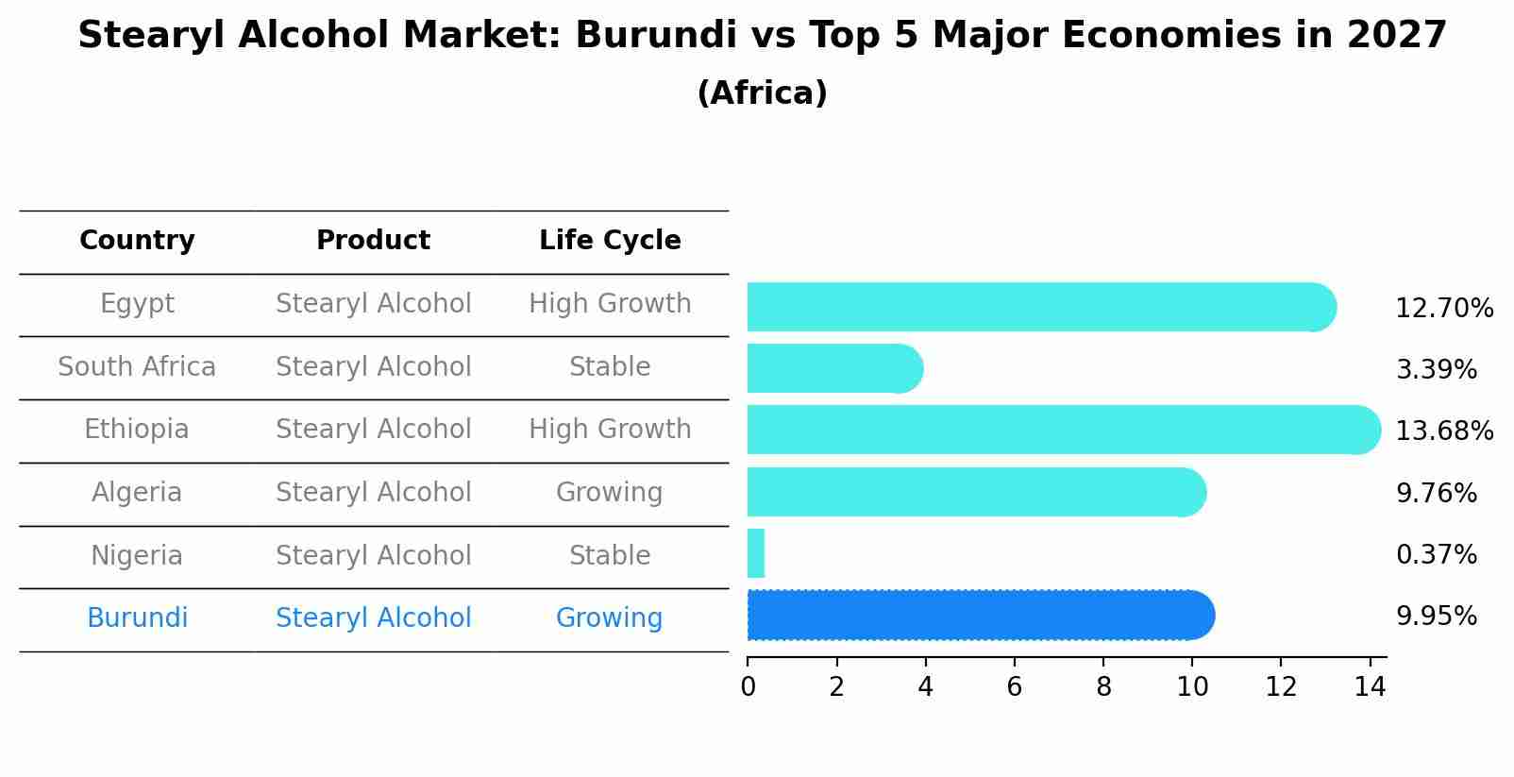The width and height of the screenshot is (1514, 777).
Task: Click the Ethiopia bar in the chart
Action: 1064,431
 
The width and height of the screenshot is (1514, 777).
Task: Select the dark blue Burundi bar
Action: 981,616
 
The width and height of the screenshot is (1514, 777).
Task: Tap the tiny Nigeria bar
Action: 755,554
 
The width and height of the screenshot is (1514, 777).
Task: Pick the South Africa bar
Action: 834,368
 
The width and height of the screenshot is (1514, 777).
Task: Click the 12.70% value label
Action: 1444,309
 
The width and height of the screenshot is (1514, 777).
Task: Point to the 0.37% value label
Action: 1436,555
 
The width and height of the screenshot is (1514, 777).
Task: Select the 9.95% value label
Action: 1436,617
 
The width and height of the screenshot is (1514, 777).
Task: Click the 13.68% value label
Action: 1444,431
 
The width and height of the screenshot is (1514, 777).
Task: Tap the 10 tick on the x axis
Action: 1192,687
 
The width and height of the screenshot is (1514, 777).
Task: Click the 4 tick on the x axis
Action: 925,687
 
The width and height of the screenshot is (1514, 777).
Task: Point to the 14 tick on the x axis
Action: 1370,687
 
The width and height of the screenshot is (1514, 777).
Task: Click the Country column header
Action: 137,241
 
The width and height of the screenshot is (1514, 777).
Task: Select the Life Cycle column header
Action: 610,241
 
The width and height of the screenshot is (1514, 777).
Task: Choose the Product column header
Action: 373,241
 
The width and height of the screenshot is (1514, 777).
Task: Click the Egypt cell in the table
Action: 137,304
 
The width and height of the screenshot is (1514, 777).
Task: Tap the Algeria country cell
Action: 137,493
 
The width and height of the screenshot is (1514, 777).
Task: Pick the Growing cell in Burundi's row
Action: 609,618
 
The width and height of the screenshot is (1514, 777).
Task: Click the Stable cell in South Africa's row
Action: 609,367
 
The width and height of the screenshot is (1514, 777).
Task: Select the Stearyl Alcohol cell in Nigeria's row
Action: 373,556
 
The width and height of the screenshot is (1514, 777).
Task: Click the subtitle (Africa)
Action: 762,93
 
